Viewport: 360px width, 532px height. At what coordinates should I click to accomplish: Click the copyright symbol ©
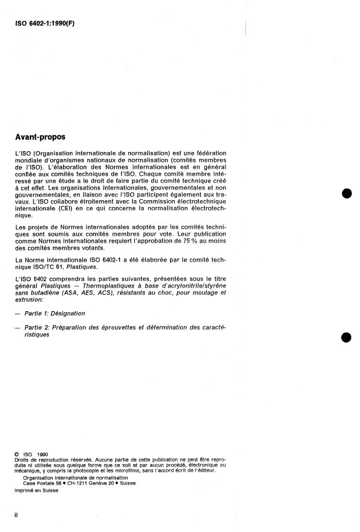point(17,453)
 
